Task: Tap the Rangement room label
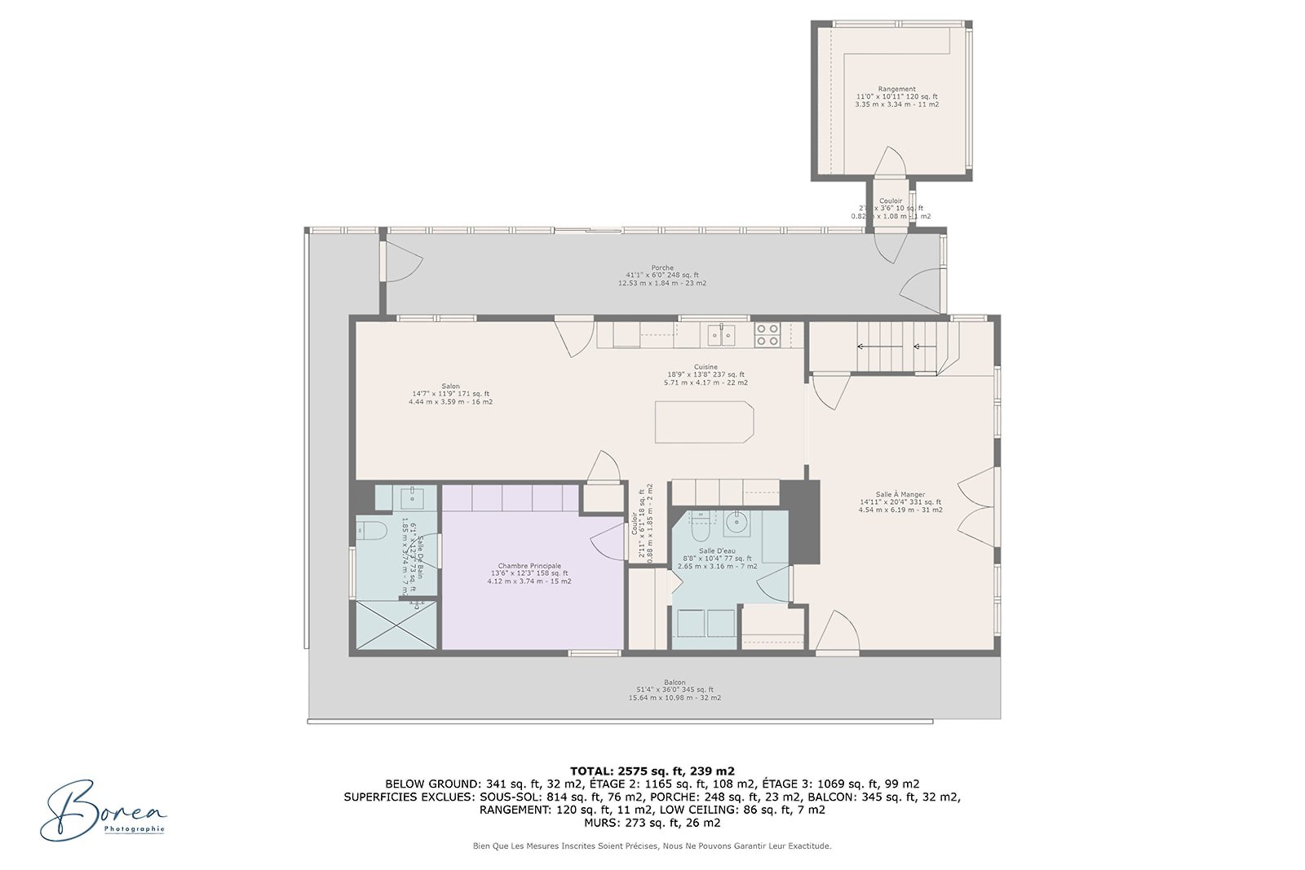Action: pyautogui.click(x=896, y=96)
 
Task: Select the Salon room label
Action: pyautogui.click(x=450, y=394)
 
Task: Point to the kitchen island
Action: pyautogui.click(x=703, y=422)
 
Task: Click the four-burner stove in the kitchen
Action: pyautogui.click(x=768, y=334)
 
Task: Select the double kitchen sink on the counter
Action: pyautogui.click(x=721, y=334)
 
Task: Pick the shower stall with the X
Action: pyautogui.click(x=396, y=625)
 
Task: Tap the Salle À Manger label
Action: pyautogui.click(x=900, y=501)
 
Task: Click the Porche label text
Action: pyautogui.click(x=662, y=275)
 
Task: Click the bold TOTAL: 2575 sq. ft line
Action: pyautogui.click(x=652, y=771)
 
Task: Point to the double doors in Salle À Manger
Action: pyautogui.click(x=975, y=506)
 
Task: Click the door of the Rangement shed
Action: pyautogui.click(x=890, y=162)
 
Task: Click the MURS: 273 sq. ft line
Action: pyautogui.click(x=652, y=823)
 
